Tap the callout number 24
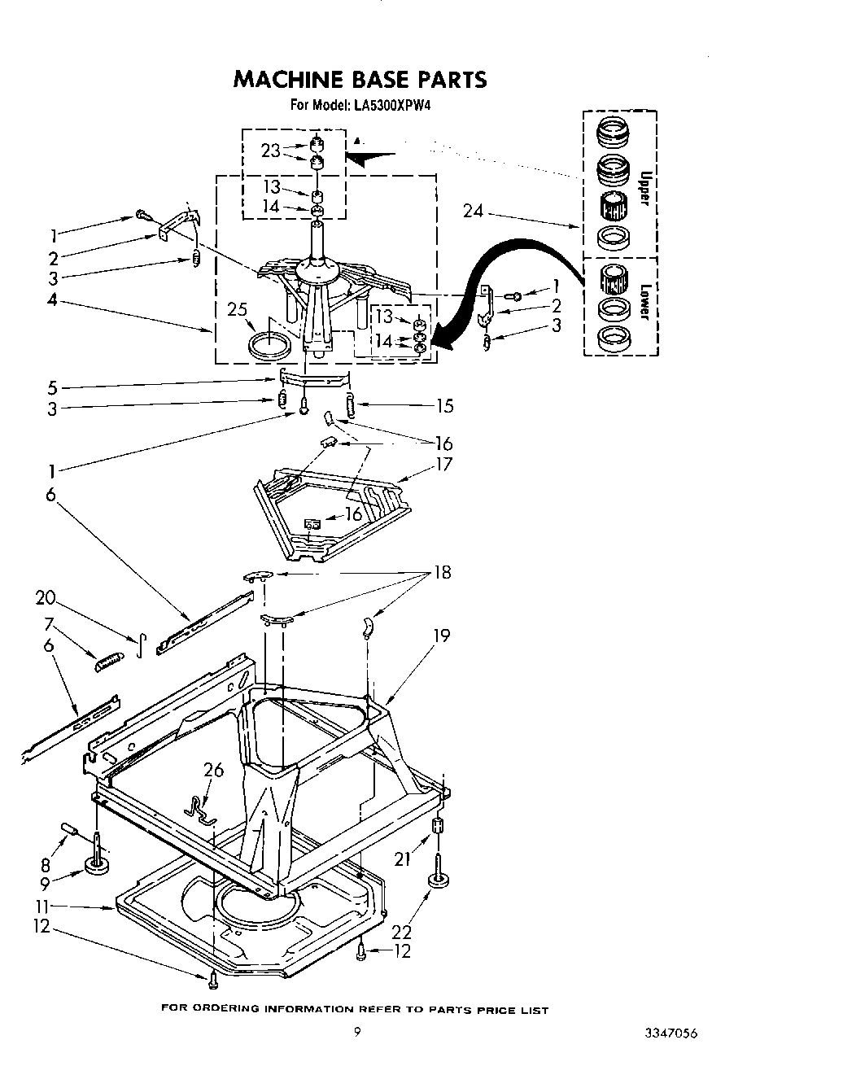[473, 211]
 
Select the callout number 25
[237, 309]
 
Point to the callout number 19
[441, 635]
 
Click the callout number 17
[443, 465]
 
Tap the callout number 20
[46, 598]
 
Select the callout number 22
[402, 932]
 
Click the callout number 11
[42, 907]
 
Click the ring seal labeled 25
[269, 343]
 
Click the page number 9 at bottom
[356, 1033]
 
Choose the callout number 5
[53, 387]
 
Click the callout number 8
[46, 866]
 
